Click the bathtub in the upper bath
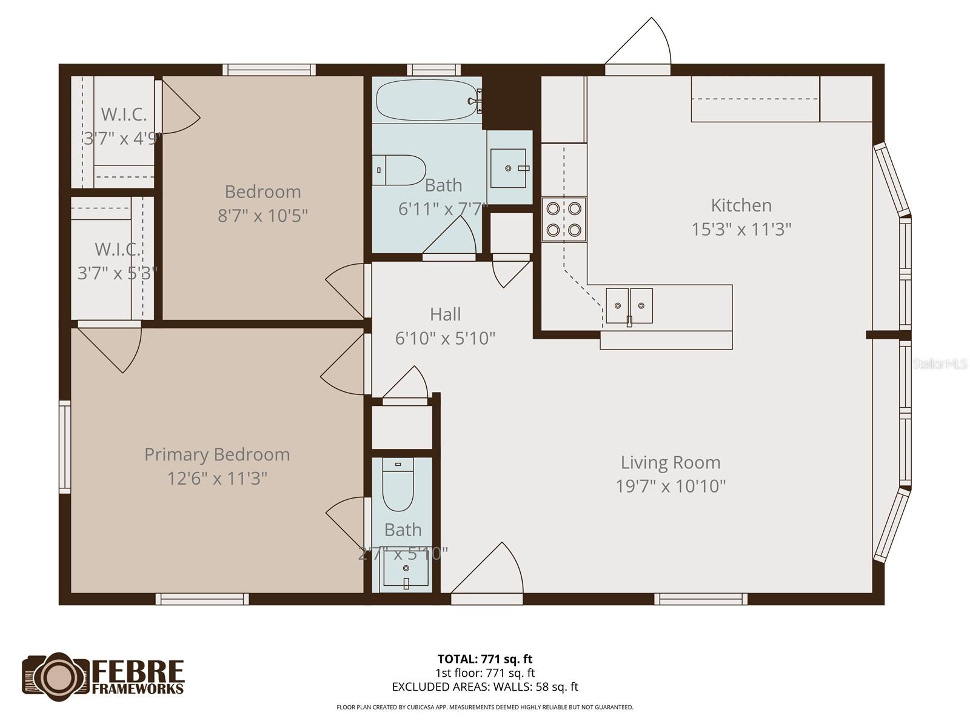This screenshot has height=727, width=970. pyautogui.click(x=427, y=101)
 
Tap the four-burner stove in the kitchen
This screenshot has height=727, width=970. pyautogui.click(x=564, y=219)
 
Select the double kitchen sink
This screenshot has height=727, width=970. pyautogui.click(x=629, y=305)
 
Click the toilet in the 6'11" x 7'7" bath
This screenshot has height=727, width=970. pyautogui.click(x=400, y=170)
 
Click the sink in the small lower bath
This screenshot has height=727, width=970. pyautogui.click(x=406, y=570)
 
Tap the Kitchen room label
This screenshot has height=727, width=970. pyautogui.click(x=741, y=205)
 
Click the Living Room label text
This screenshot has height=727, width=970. pyautogui.click(x=671, y=462)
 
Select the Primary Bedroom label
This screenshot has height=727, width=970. pyautogui.click(x=217, y=454)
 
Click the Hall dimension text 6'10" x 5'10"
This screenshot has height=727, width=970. pyautogui.click(x=445, y=338)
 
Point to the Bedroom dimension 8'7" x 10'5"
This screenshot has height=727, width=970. pyautogui.click(x=263, y=215)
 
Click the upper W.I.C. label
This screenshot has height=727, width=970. pyautogui.click(x=124, y=114)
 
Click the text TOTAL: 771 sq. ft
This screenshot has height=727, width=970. pyautogui.click(x=485, y=659)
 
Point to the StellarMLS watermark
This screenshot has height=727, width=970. pyautogui.click(x=940, y=363)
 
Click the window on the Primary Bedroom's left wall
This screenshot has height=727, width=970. pyautogui.click(x=64, y=446)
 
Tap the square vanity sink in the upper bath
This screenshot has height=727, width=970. pyautogui.click(x=508, y=168)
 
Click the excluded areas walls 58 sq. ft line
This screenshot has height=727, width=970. pyautogui.click(x=485, y=687)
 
